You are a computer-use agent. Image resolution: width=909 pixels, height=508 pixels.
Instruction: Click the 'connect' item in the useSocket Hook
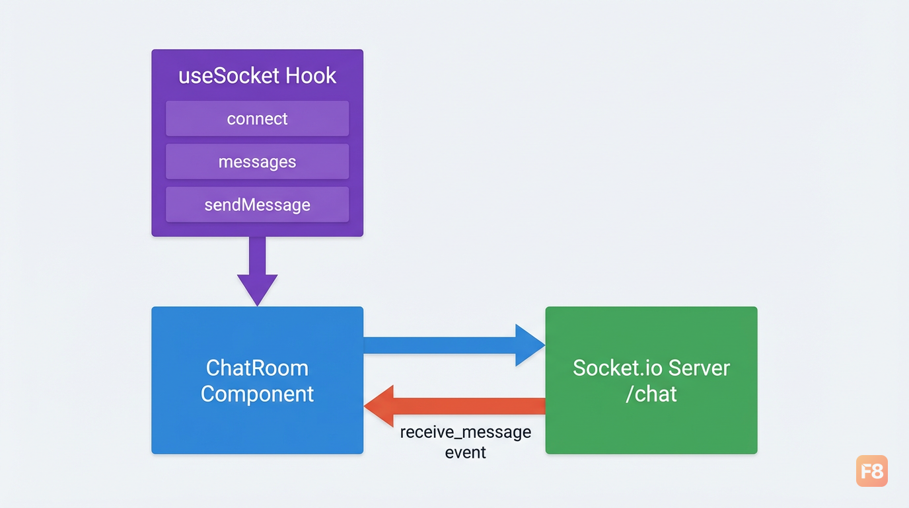[257, 118]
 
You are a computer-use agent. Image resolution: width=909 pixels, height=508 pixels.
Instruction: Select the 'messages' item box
[257, 161]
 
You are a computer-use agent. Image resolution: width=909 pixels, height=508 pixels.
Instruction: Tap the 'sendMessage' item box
[257, 204]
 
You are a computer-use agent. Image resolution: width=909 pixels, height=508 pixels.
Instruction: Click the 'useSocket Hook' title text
[257, 75]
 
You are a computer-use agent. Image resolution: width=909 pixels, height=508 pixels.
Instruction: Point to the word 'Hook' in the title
[311, 75]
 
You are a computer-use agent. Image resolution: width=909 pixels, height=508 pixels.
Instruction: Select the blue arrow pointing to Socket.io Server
[454, 345]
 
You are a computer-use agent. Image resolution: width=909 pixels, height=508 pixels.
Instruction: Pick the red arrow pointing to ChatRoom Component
[454, 406]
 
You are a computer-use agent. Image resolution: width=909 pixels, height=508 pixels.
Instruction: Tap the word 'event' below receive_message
[466, 452]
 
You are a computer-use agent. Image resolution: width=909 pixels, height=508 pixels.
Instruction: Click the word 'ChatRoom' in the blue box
[257, 368]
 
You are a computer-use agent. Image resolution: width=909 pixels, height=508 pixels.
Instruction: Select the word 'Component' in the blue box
[257, 394]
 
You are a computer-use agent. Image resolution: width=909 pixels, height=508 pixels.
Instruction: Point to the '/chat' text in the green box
[651, 394]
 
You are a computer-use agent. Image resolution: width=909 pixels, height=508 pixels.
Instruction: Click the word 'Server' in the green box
[699, 368]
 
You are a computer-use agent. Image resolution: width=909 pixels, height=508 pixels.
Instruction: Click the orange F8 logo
[871, 471]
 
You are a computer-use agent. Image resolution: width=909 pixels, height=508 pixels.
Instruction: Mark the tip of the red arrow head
[365, 406]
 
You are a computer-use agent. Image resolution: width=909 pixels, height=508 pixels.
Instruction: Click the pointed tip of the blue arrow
[544, 345]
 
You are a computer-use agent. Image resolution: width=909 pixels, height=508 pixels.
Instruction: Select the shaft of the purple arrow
[257, 255]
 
